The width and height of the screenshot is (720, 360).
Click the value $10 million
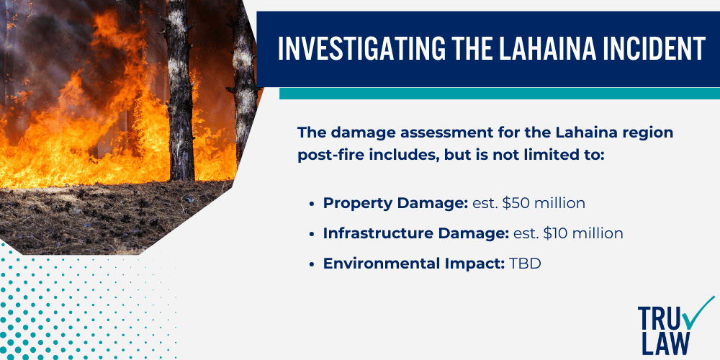coord(580,233)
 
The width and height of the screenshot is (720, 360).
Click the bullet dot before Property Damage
coord(311,204)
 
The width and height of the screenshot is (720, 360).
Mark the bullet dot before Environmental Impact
coord(311,264)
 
